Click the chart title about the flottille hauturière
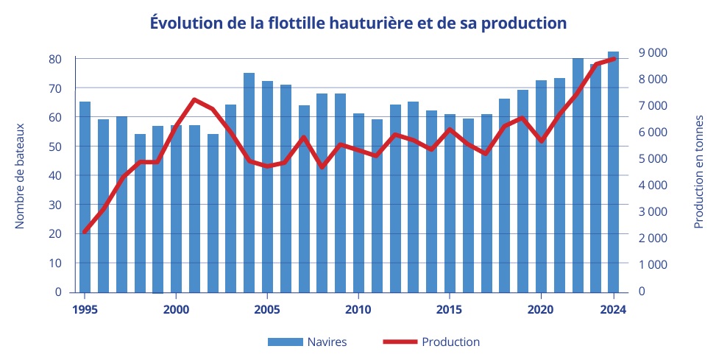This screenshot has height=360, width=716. [x=358, y=23]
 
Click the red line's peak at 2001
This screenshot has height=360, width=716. [x=194, y=99]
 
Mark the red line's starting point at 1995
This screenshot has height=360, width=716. [x=85, y=232]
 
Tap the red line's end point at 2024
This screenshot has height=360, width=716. [x=614, y=58]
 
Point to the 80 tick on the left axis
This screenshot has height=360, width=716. [x=56, y=59]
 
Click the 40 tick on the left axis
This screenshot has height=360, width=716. [x=56, y=175]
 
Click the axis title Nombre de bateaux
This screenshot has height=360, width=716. [x=21, y=175]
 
